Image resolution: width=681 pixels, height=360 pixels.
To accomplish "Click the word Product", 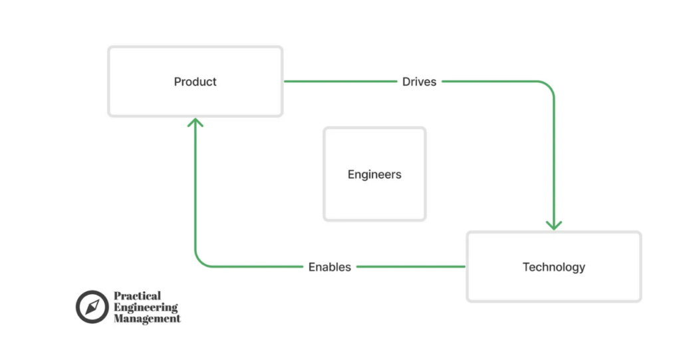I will pyautogui.click(x=196, y=82).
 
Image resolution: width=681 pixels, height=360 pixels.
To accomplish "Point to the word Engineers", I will pyautogui.click(x=374, y=175).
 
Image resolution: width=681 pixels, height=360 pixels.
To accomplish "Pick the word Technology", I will pyautogui.click(x=554, y=267).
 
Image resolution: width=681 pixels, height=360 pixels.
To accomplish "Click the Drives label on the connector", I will pyautogui.click(x=419, y=82).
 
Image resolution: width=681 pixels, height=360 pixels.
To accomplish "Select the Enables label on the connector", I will pyautogui.click(x=329, y=267).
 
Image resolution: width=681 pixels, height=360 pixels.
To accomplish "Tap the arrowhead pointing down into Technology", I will pyautogui.click(x=553, y=225).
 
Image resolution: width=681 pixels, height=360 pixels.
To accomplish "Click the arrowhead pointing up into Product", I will pyautogui.click(x=195, y=122).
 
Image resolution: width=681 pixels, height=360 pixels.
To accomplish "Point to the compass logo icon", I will pyautogui.click(x=92, y=307).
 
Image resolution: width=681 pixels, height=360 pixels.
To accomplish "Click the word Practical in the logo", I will pyautogui.click(x=137, y=296).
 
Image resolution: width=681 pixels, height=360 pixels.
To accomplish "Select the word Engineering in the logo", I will pyautogui.click(x=146, y=307).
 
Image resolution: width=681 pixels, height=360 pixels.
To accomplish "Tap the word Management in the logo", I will pyautogui.click(x=147, y=319).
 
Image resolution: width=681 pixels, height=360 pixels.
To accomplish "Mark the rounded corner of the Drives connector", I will pyautogui.click(x=549, y=87).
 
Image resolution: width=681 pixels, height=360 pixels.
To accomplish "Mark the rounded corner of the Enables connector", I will pyautogui.click(x=200, y=262).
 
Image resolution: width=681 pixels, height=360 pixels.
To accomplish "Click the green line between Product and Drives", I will pyautogui.click(x=339, y=82).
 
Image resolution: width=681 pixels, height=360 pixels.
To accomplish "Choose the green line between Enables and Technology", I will pyautogui.click(x=409, y=267).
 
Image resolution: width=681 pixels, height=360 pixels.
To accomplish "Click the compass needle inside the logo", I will pyautogui.click(x=92, y=307).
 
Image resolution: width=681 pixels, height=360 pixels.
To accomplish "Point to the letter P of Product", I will pyautogui.click(x=178, y=82).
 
